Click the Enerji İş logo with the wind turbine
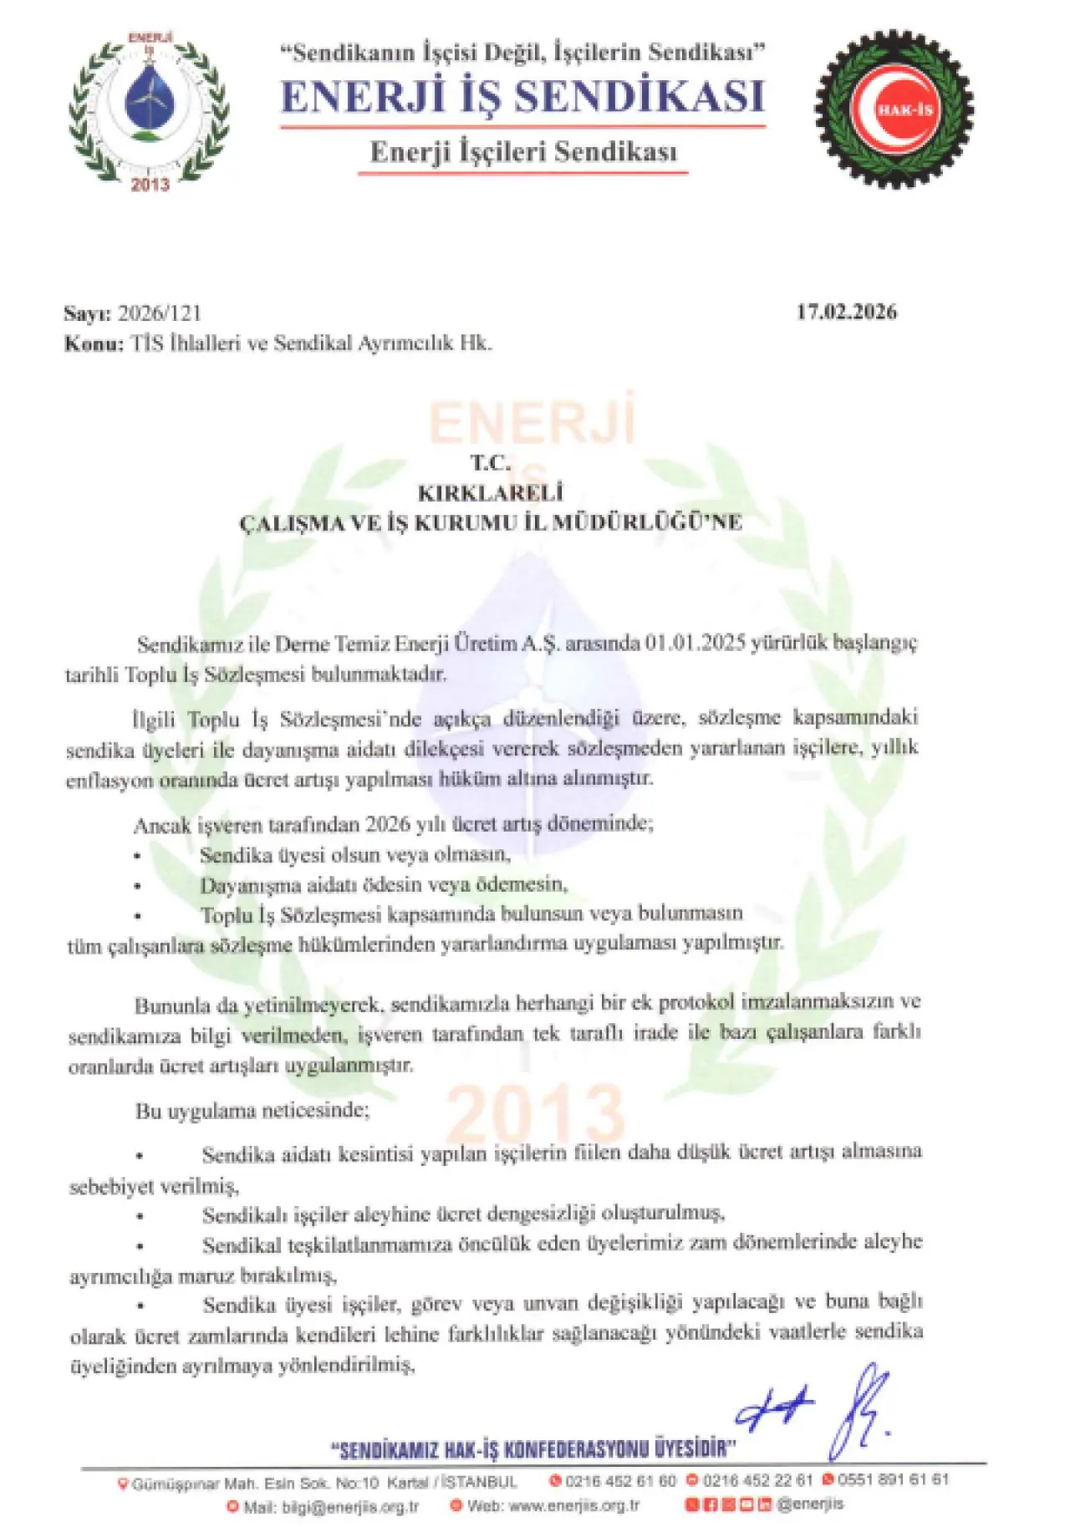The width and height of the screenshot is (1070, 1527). point(148,109)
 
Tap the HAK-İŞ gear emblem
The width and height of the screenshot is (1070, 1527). point(894,109)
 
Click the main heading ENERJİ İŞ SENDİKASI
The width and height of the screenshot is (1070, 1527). point(522,97)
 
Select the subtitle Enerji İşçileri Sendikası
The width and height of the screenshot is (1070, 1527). point(523,152)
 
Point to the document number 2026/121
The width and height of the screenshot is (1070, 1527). point(160,313)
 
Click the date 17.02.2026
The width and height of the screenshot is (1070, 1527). point(846,312)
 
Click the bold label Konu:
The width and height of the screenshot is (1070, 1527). point(94,343)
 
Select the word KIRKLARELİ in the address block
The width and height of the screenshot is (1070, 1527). point(491,492)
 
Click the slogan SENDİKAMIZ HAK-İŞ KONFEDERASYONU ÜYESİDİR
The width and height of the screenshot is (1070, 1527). point(534,1448)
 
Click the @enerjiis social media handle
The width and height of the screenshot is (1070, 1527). point(809,1504)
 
